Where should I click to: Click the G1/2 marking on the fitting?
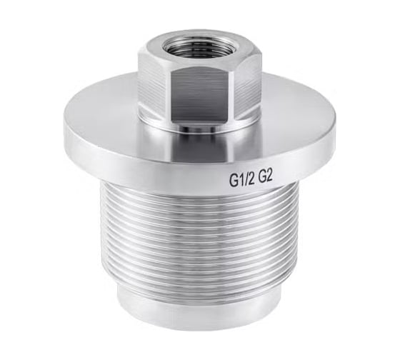point(243,181)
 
